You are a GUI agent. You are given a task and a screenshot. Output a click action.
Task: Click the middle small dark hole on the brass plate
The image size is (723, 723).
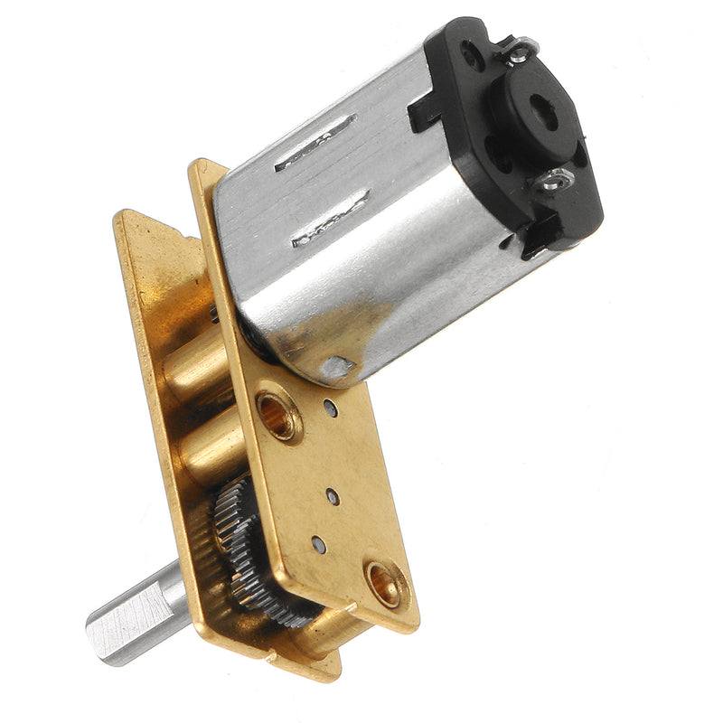click(x=333, y=496)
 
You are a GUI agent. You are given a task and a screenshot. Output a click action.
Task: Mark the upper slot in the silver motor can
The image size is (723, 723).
click(x=315, y=143)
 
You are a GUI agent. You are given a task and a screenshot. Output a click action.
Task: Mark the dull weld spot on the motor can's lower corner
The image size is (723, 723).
click(x=339, y=365)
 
